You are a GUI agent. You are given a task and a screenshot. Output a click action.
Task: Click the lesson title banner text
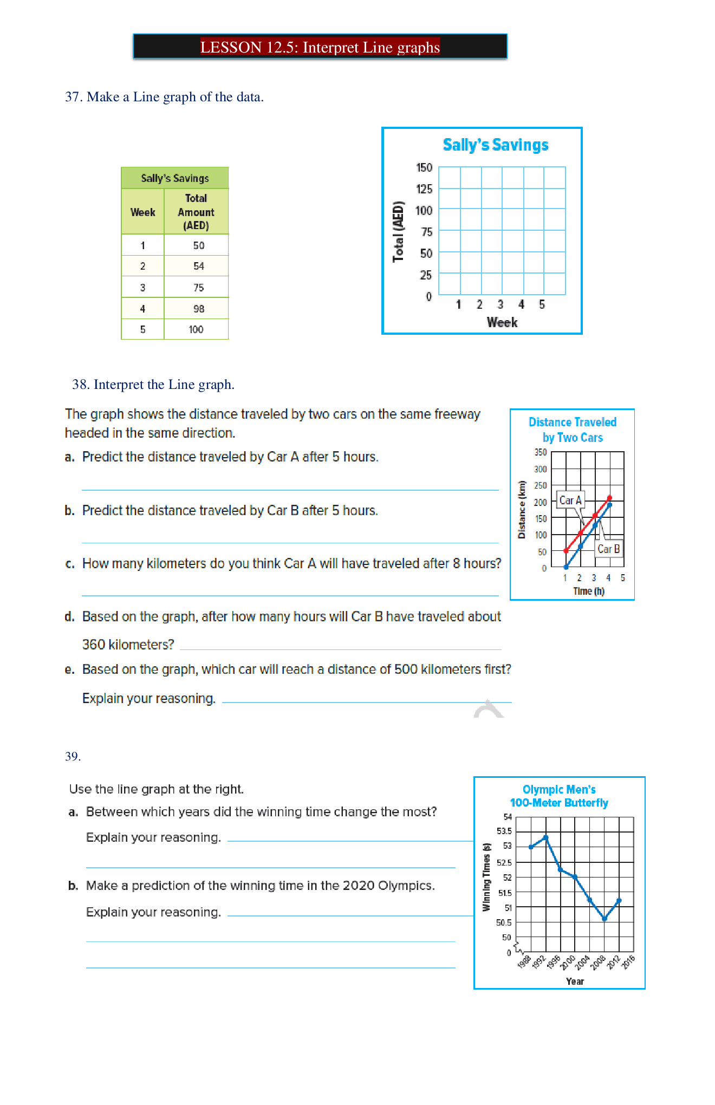coord(320,47)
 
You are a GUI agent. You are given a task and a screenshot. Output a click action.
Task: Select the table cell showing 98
coord(199,309)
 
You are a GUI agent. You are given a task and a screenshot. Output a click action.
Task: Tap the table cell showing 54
coord(199,266)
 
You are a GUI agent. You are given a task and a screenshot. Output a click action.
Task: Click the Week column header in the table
coord(142,212)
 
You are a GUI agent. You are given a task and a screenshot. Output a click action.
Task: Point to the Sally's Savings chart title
coord(495,145)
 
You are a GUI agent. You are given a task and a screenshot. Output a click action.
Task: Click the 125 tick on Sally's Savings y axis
coord(424,189)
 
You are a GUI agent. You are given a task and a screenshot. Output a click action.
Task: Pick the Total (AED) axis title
coord(399,231)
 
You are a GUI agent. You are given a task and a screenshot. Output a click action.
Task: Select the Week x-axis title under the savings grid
coord(502,322)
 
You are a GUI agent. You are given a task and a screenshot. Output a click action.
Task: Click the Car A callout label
coord(570,500)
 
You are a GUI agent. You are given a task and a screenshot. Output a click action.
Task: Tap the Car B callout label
coord(608,549)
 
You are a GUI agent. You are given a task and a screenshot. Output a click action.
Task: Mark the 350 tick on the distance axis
coord(541,452)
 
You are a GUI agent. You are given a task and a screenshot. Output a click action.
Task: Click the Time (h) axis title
coord(589,591)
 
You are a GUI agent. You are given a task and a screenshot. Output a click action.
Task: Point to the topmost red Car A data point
coord(609,498)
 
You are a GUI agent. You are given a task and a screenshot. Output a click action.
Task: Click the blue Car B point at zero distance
coord(566,567)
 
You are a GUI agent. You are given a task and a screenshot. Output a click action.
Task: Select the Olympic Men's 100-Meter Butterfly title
coord(559,796)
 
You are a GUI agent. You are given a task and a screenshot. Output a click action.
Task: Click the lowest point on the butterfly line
coord(604,919)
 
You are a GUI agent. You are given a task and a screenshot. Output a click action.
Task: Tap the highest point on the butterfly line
coord(546,837)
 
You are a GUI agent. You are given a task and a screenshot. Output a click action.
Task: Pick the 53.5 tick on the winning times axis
coord(504,831)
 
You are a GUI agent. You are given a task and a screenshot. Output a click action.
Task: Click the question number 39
coord(73,756)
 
